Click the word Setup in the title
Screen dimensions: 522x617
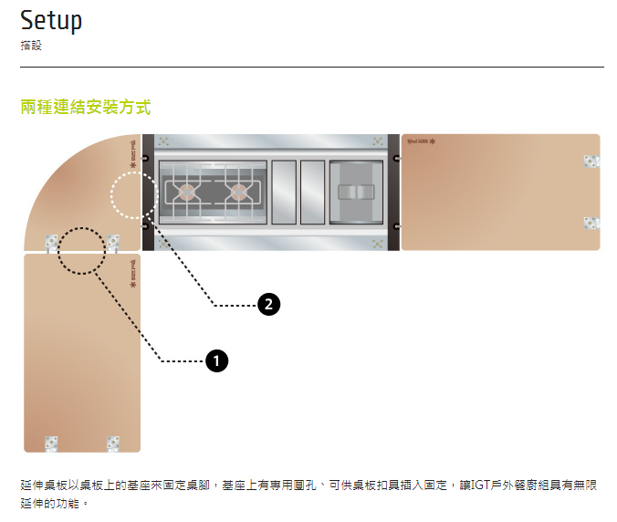click(x=51, y=20)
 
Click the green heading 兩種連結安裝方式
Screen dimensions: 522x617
click(x=86, y=108)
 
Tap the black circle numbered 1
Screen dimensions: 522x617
click(x=216, y=361)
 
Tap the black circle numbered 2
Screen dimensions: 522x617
click(x=267, y=305)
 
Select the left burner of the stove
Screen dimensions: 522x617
click(x=186, y=193)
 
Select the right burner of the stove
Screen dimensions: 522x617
click(x=239, y=193)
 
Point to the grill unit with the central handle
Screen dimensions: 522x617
click(x=356, y=193)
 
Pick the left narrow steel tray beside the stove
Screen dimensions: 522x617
click(x=284, y=193)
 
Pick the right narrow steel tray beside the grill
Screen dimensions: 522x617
click(x=312, y=193)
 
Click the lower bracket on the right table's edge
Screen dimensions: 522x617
click(x=591, y=223)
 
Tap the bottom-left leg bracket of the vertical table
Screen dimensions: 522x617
click(x=52, y=443)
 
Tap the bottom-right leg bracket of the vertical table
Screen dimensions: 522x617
click(x=113, y=443)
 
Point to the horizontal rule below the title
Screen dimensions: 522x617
click(x=311, y=67)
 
